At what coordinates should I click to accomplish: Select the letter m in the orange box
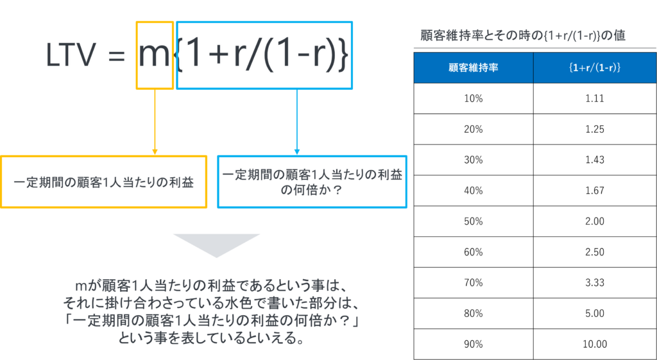click(x=153, y=56)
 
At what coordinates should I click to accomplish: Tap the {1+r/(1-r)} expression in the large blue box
click(x=264, y=56)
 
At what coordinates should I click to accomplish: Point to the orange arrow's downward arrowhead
click(x=155, y=151)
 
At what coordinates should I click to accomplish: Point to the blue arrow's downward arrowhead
click(x=297, y=151)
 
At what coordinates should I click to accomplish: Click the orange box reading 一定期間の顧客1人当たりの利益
click(x=104, y=182)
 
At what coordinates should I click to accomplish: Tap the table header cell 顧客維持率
click(x=473, y=68)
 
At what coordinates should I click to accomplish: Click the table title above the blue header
click(x=522, y=36)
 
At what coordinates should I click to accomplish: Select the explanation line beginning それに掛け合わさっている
click(x=211, y=302)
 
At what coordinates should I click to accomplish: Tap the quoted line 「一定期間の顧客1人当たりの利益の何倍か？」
click(x=211, y=320)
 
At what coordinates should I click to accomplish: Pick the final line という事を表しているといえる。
click(x=211, y=337)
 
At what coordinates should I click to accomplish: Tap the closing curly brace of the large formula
click(x=344, y=56)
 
